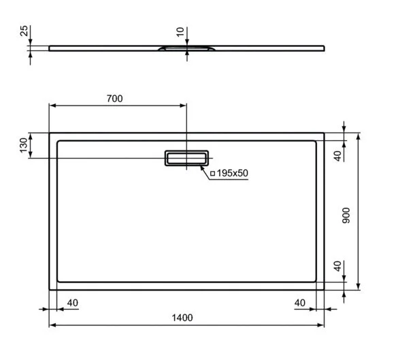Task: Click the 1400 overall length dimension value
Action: [x=183, y=318]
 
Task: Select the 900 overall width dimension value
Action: [x=346, y=216]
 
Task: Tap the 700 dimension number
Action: [x=114, y=99]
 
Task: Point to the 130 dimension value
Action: [x=24, y=146]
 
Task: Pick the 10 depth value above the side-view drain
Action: [x=179, y=32]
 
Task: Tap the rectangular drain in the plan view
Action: [x=185, y=158]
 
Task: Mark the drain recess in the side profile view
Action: [x=186, y=49]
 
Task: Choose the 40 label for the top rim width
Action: [x=337, y=154]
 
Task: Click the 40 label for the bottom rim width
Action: [x=337, y=266]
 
